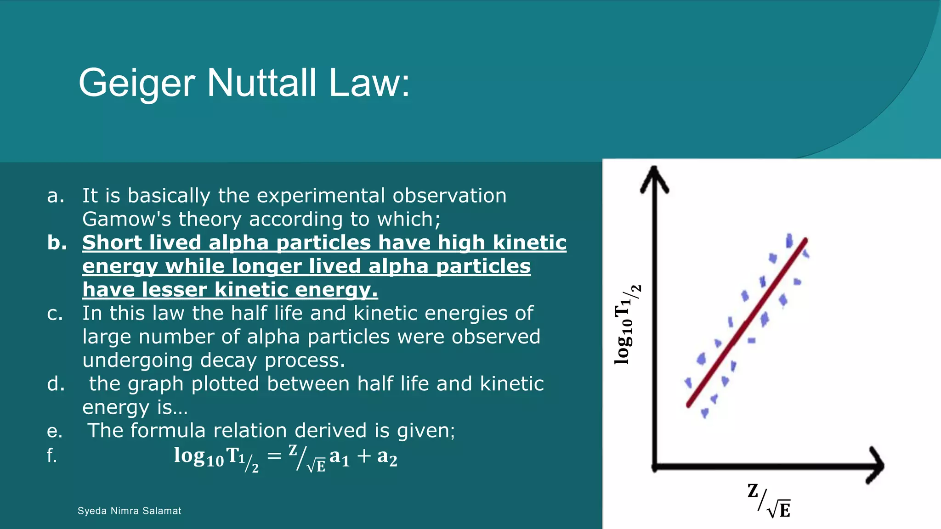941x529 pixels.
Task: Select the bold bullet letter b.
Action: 57,243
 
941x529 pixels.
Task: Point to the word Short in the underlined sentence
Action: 112,243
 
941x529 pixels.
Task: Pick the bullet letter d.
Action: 56,384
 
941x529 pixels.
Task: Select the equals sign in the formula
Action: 274,456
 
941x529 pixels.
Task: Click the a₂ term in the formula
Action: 387,456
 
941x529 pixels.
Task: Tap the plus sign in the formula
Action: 364,456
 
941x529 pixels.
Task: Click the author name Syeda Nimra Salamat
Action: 129,511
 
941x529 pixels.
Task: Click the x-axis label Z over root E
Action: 769,501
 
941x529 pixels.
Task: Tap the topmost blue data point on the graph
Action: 789,241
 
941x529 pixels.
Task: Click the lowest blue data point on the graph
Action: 704,413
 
